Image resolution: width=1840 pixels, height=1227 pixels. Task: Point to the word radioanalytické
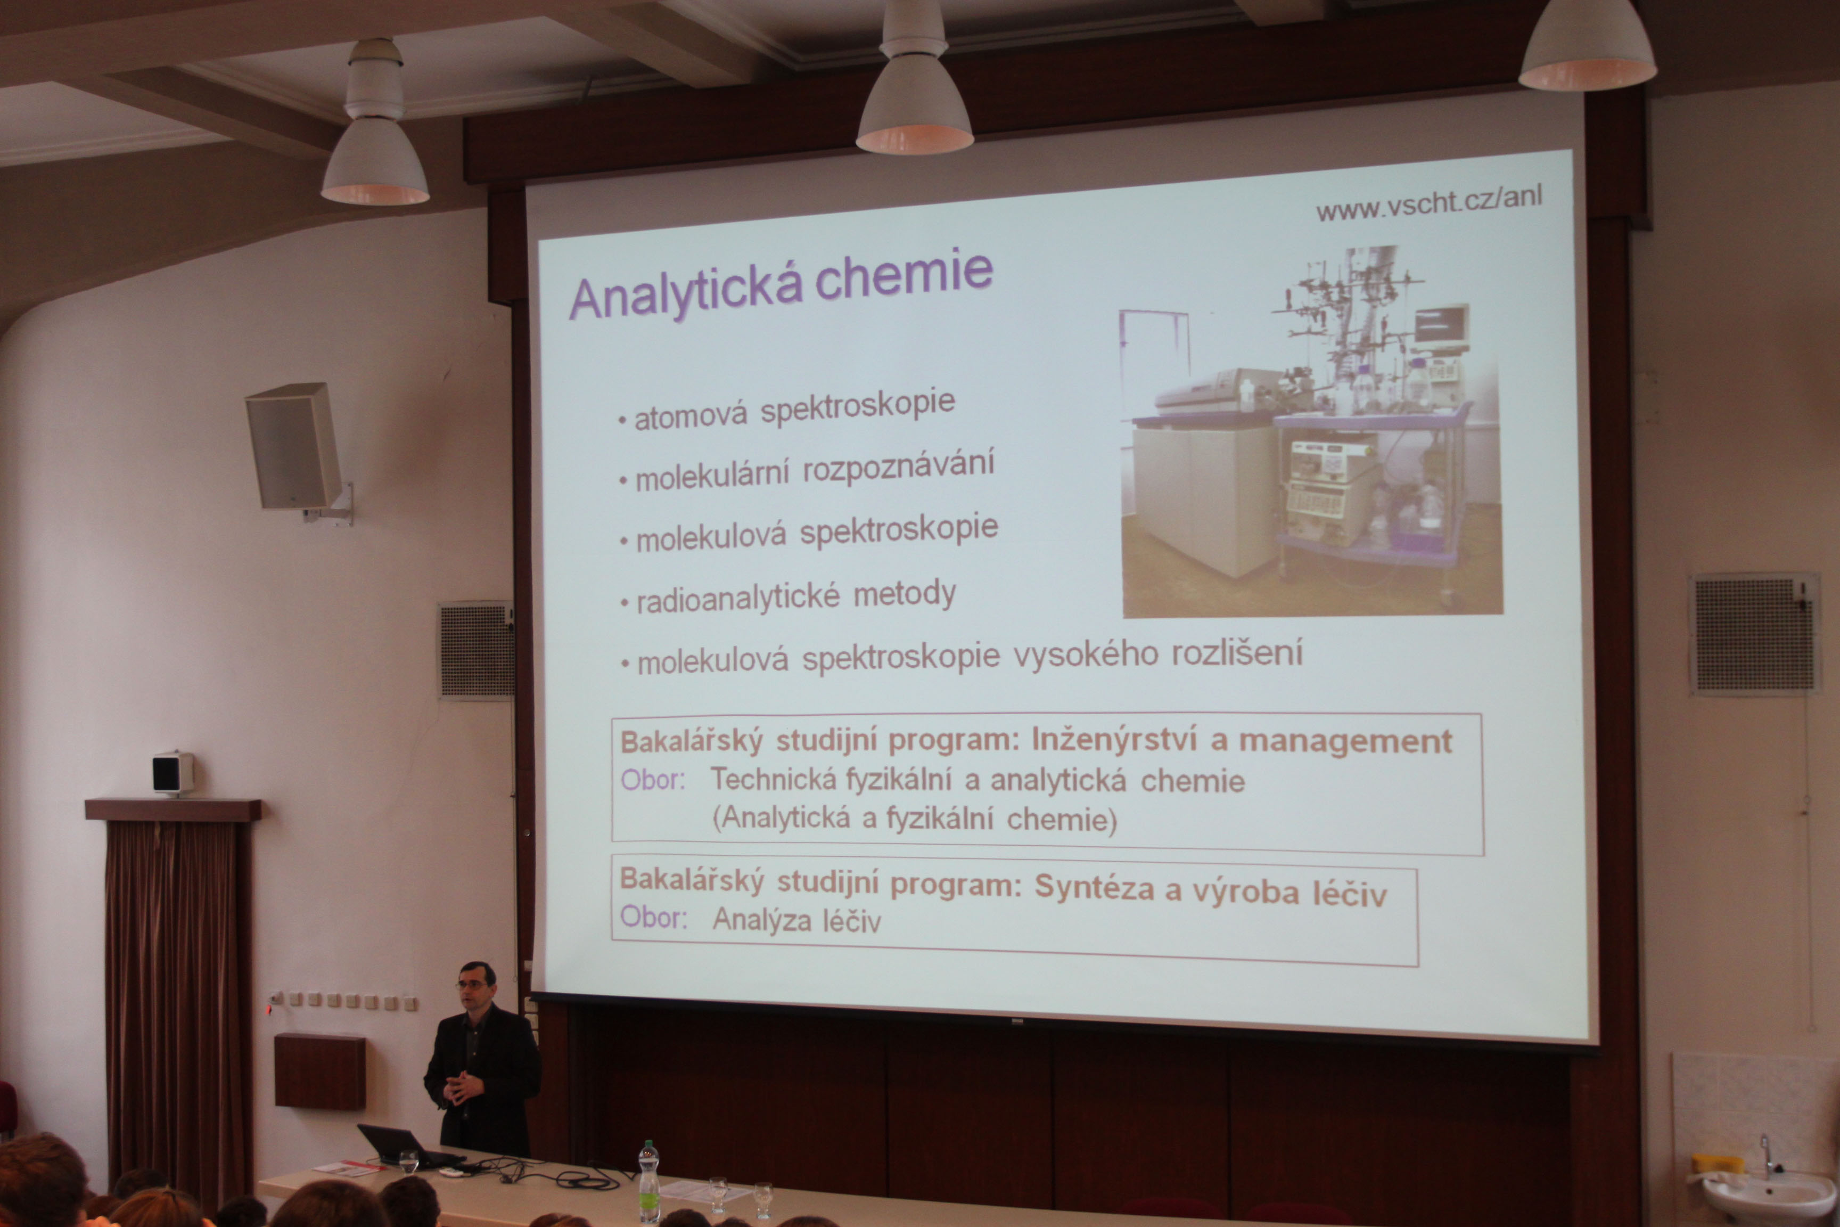pos(738,599)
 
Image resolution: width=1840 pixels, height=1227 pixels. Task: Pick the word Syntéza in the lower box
pos(1094,888)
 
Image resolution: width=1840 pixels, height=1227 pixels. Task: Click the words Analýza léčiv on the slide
pos(796,920)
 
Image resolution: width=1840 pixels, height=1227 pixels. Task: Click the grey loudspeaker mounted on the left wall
pos(295,446)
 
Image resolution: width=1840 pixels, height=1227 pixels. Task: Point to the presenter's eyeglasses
pos(471,984)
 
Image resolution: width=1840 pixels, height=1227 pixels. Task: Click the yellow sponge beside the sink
pos(1718,1164)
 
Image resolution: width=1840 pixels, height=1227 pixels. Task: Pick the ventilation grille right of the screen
pos(1753,634)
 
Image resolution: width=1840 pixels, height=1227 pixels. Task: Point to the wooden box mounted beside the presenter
pos(320,1071)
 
